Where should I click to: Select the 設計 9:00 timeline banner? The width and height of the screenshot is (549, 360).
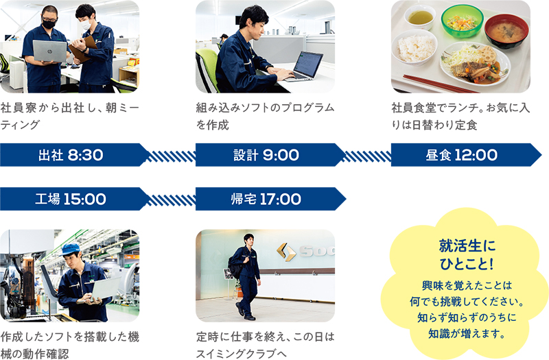pos(270,155)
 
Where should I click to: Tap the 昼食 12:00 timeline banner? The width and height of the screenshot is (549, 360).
pos(466,155)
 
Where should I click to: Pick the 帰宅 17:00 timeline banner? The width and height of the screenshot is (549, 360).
pos(270,199)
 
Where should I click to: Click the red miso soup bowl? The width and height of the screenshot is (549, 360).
pos(506,30)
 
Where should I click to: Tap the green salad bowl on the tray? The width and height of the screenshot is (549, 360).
pos(462,21)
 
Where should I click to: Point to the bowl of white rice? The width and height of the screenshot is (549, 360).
pos(414,47)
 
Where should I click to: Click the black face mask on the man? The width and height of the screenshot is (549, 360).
pos(49,24)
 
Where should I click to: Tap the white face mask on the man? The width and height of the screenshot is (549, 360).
pos(86,25)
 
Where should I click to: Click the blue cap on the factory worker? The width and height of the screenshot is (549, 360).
pos(71,249)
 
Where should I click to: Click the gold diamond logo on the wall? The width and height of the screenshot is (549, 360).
pos(285,252)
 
